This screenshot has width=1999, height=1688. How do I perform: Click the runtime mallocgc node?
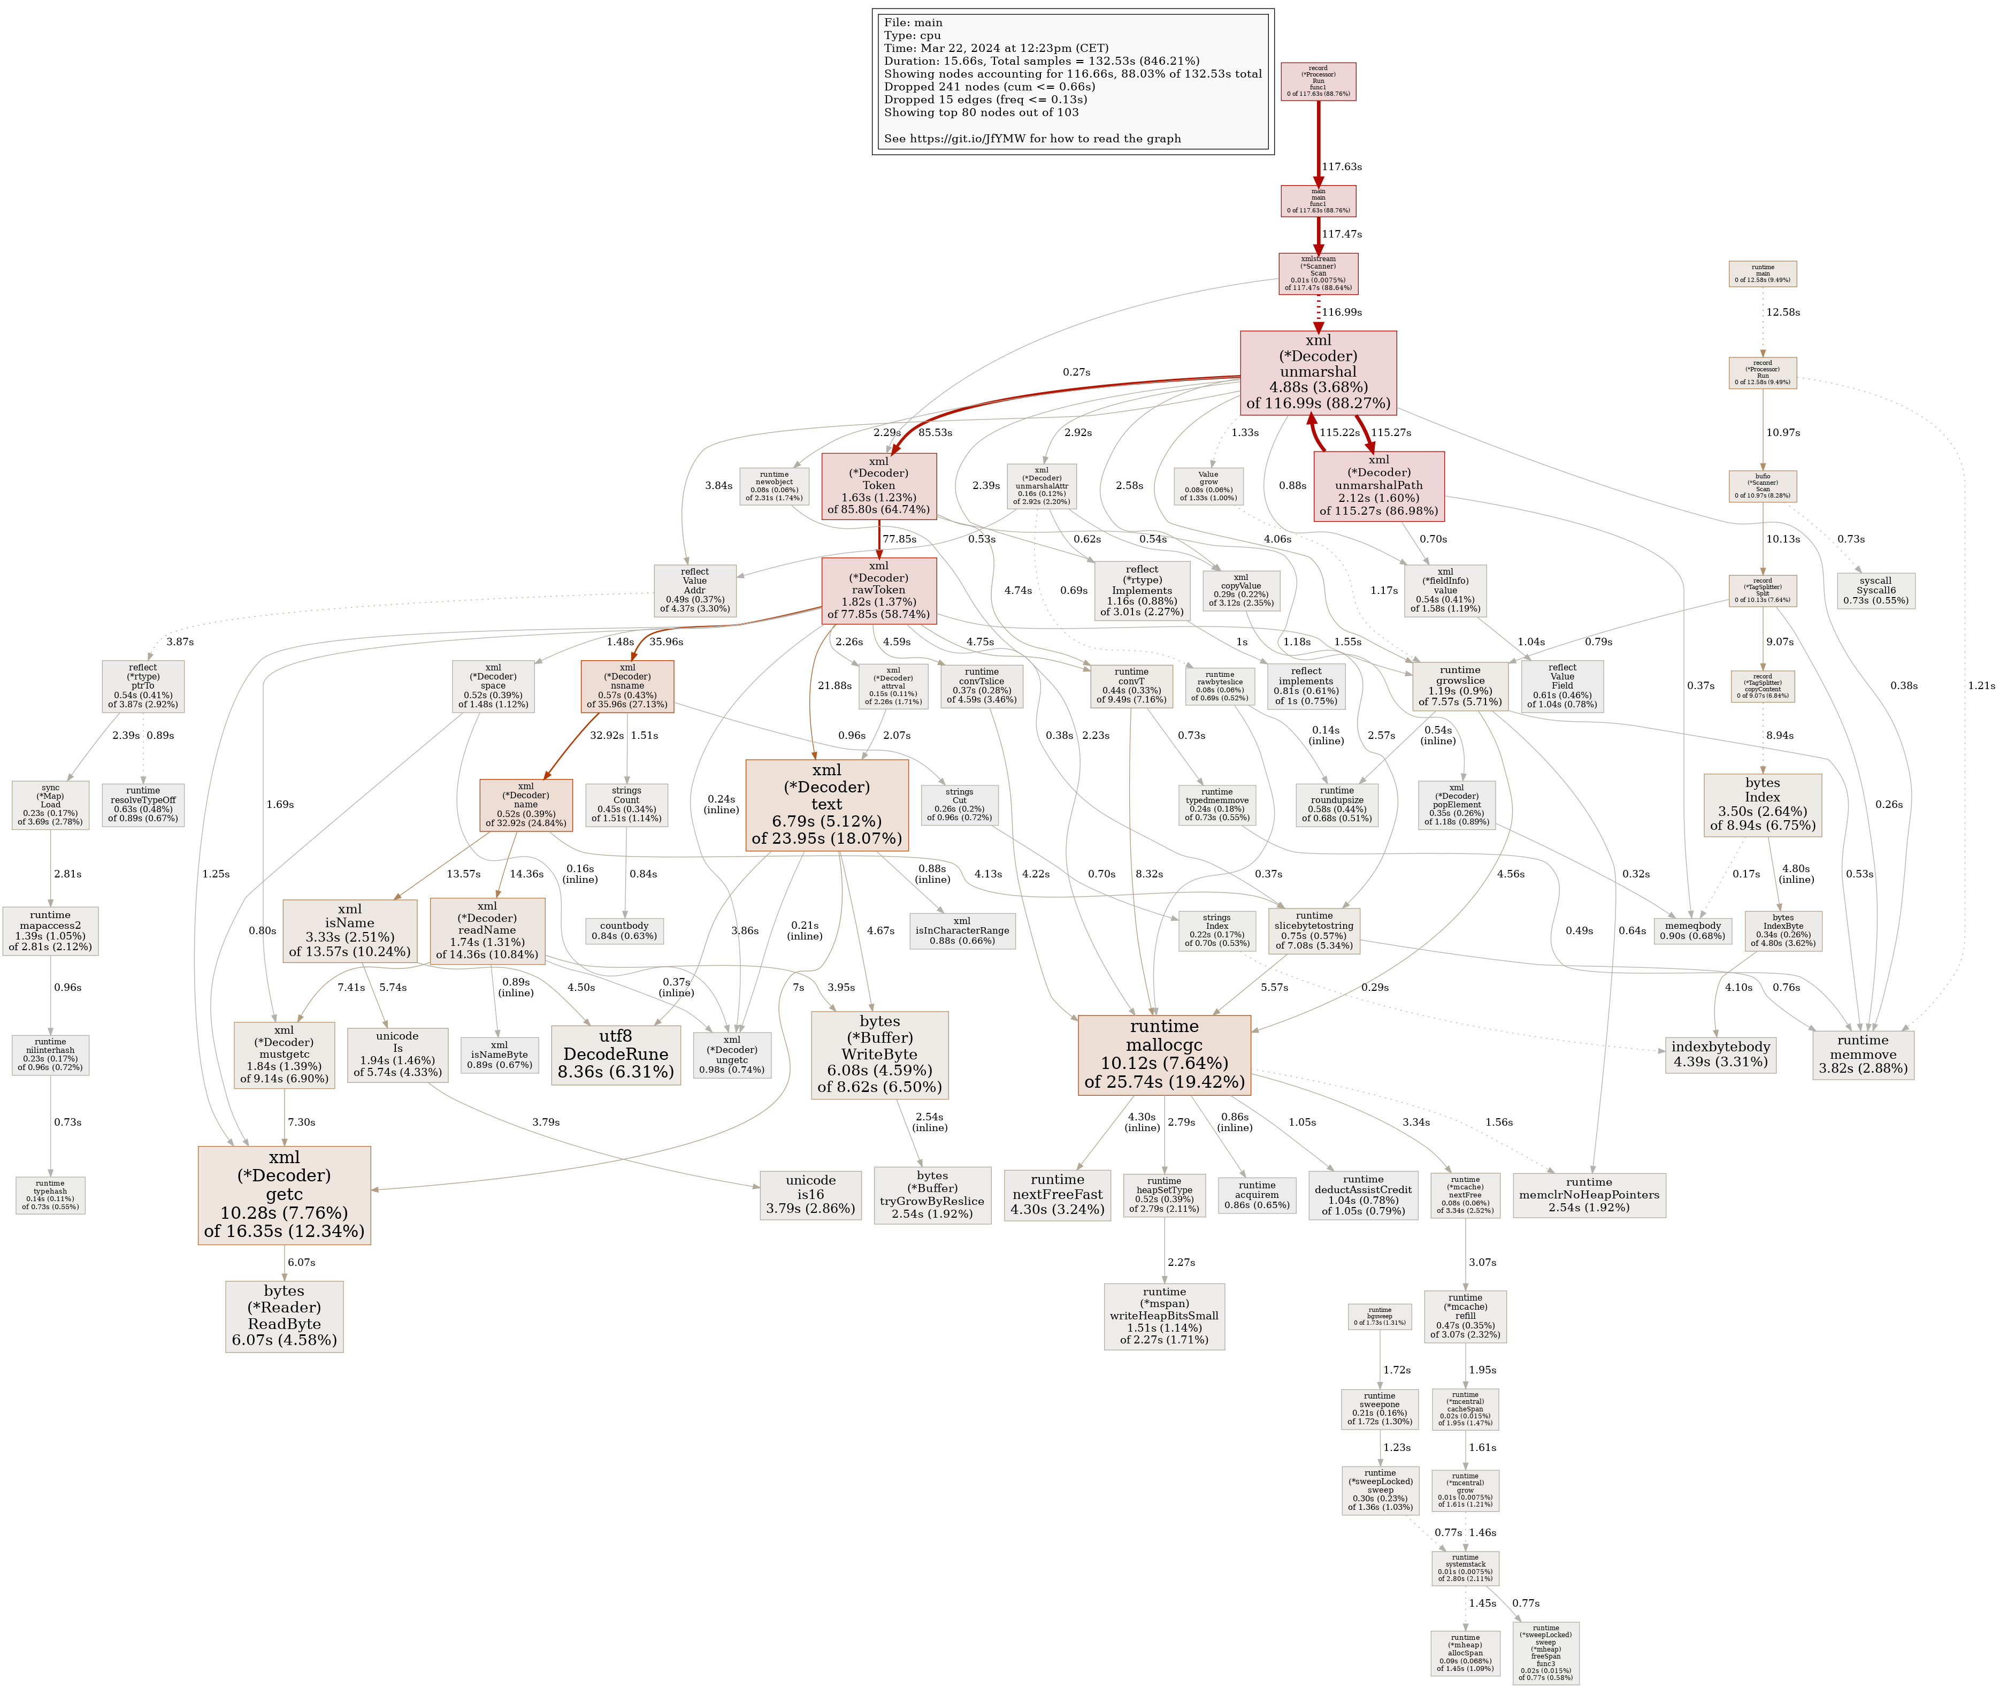point(1163,1055)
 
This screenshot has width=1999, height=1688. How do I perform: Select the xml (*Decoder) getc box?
point(284,1194)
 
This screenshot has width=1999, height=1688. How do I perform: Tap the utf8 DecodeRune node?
point(615,1055)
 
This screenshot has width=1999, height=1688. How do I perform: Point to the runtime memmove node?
point(1862,1055)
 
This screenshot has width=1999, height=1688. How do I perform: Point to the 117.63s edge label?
point(1342,166)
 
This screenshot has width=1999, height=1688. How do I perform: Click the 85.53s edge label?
point(935,432)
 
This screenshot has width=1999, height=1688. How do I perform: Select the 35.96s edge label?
point(666,641)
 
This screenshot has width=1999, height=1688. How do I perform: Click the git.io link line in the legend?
point(1031,139)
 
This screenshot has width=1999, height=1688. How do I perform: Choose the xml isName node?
point(349,929)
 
